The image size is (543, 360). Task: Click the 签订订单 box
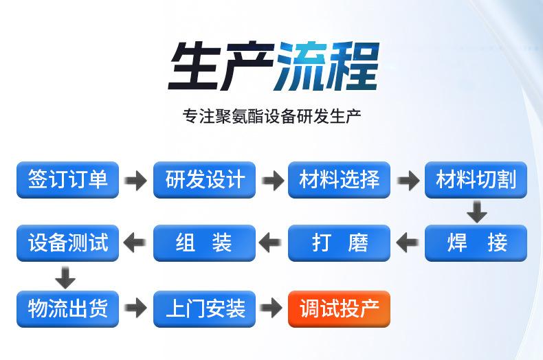[67, 179]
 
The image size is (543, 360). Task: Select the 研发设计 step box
[204, 179]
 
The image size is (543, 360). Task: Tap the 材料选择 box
[339, 179]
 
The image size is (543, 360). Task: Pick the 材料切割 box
[476, 179]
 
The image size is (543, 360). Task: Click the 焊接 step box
[476, 243]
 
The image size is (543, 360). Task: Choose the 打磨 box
[339, 243]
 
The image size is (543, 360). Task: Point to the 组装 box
[204, 243]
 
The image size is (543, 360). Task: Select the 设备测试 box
[67, 243]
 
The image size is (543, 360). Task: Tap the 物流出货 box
[67, 308]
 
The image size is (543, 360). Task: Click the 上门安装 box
[204, 308]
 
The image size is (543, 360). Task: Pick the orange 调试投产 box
[339, 308]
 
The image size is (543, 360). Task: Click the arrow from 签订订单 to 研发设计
[136, 181]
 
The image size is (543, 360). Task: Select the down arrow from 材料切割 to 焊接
[477, 212]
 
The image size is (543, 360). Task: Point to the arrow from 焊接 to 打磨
[407, 243]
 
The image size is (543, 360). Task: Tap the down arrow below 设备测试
[65, 278]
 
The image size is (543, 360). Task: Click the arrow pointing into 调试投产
[272, 308]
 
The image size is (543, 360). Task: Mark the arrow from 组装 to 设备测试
[134, 243]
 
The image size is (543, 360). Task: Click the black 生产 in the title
[221, 66]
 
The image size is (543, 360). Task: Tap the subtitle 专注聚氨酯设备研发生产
[272, 116]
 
